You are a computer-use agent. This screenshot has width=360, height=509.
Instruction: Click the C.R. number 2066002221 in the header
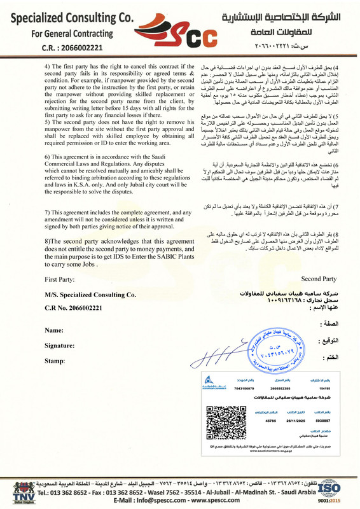70,47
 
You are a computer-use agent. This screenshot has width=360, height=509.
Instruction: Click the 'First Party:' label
60,279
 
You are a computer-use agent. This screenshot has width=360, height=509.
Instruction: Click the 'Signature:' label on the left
62,345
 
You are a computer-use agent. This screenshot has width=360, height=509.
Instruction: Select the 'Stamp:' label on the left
55,360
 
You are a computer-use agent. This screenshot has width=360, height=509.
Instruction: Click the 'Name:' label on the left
54,330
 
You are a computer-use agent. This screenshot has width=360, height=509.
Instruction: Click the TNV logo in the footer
15,489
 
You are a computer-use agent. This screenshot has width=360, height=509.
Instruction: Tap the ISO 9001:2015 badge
345,489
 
